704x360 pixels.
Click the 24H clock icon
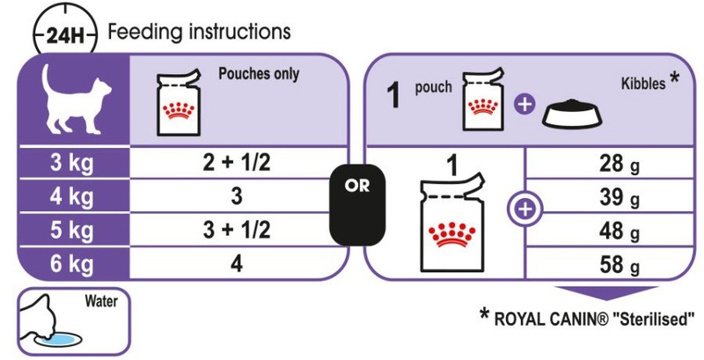point(64,34)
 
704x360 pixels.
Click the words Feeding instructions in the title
point(199,33)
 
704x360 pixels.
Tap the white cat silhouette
point(74,99)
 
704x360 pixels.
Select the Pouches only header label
point(259,74)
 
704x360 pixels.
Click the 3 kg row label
point(72,164)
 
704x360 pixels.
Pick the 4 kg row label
point(72,196)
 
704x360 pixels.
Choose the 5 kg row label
point(72,231)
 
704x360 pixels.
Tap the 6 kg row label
point(72,264)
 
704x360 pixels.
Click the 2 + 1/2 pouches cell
point(237,164)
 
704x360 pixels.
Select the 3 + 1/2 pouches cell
point(237,231)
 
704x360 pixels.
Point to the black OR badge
point(357,205)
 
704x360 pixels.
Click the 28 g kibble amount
point(619,165)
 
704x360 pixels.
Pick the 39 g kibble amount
point(619,197)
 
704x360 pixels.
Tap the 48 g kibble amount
point(619,231)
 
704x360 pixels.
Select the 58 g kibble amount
point(619,266)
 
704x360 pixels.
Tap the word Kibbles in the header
point(643,84)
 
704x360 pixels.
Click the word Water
point(101,301)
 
